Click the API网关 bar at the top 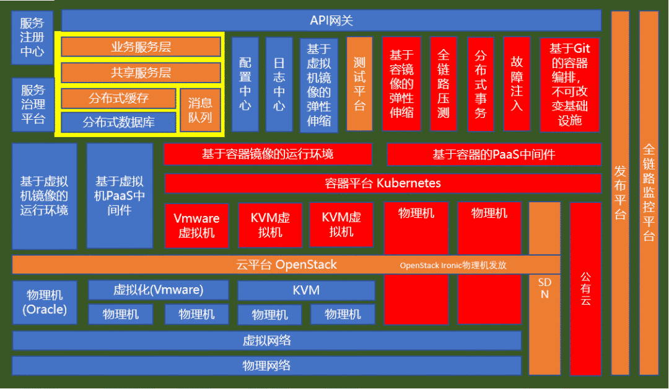point(331,20)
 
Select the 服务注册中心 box point(32,38)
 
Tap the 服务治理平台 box point(33,104)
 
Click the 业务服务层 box point(141,47)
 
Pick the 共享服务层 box point(141,73)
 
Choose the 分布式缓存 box point(118,98)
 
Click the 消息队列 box point(200,110)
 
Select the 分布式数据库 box point(118,122)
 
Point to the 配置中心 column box point(245,84)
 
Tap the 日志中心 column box point(279,84)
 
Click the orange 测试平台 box point(359,84)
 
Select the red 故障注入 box point(517,84)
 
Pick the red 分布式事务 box point(480,84)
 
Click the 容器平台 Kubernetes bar point(383,184)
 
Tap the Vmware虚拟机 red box point(196,225)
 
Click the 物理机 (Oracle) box point(45,302)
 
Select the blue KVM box point(306,290)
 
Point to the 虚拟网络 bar point(266,341)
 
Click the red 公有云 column point(585,289)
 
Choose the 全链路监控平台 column point(649,192)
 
